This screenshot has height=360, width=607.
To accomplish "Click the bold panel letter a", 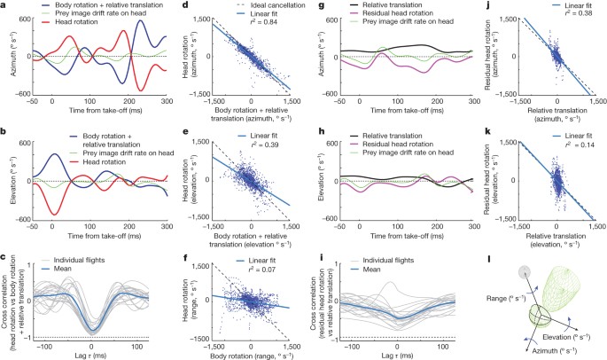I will point(4,4).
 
